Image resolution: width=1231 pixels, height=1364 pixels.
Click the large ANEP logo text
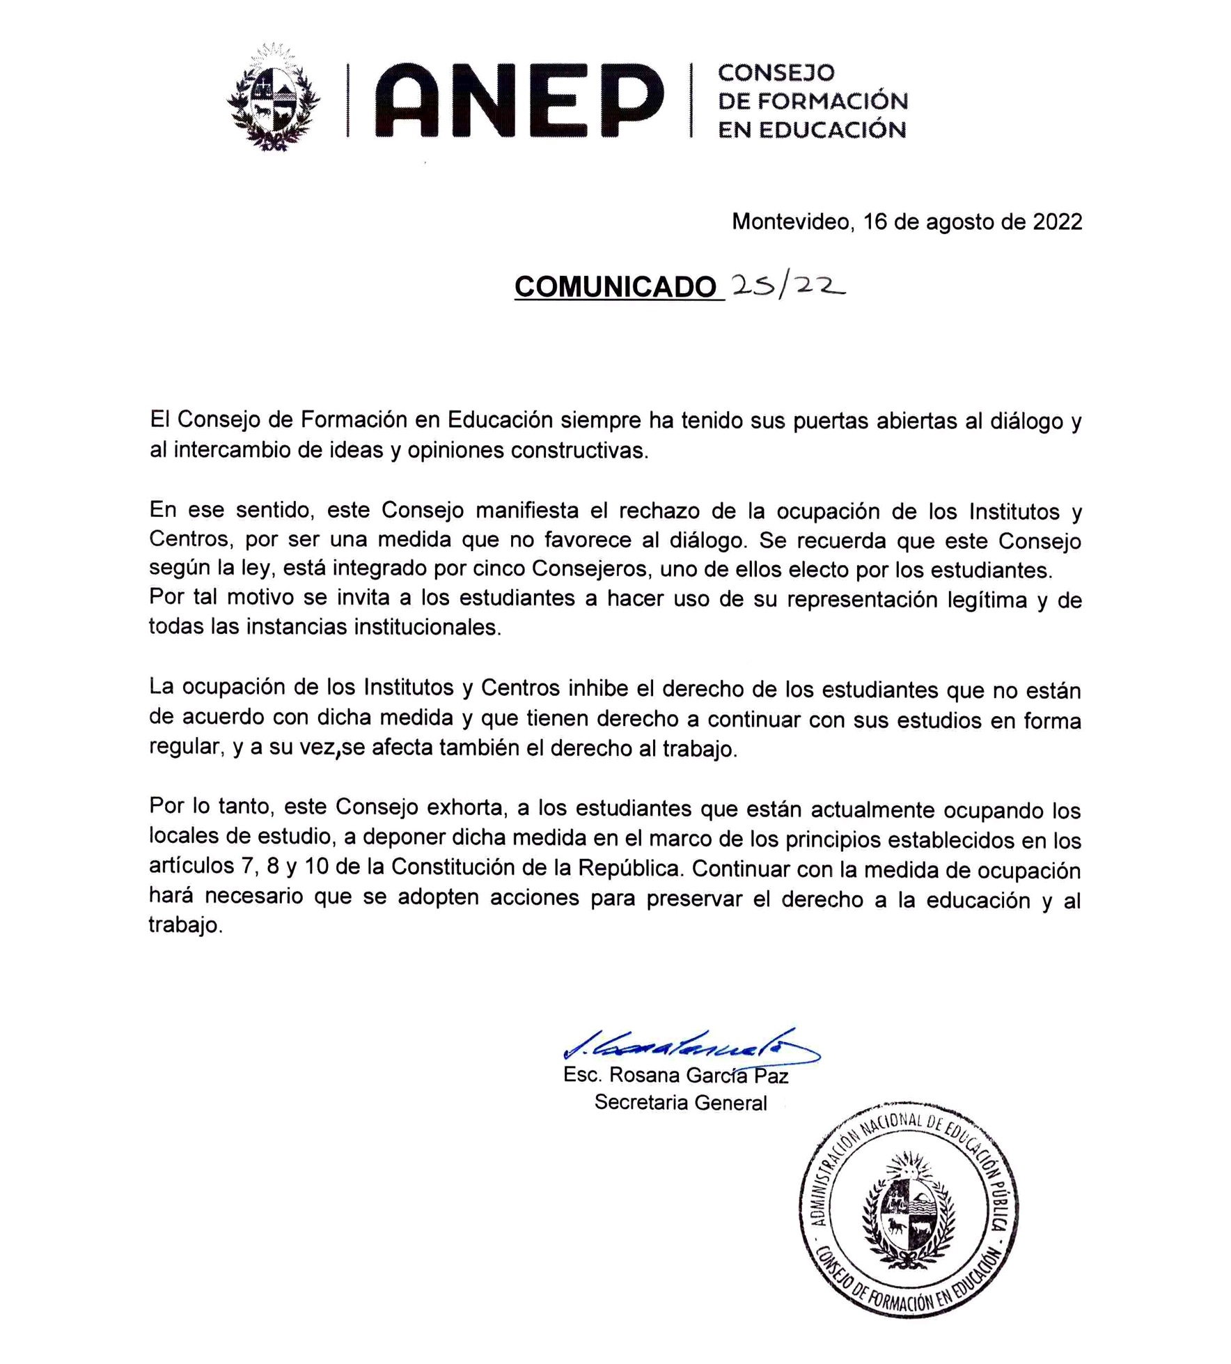point(519,100)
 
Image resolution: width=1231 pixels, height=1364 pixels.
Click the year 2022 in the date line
point(1057,222)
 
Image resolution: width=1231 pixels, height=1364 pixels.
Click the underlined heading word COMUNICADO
point(615,287)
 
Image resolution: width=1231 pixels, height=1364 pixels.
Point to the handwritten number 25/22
point(787,285)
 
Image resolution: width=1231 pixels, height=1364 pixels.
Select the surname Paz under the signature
point(771,1076)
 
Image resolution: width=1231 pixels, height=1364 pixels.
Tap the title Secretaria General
point(680,1103)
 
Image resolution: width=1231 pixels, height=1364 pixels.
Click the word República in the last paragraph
point(629,868)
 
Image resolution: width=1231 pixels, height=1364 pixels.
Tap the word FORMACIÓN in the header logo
point(832,101)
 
